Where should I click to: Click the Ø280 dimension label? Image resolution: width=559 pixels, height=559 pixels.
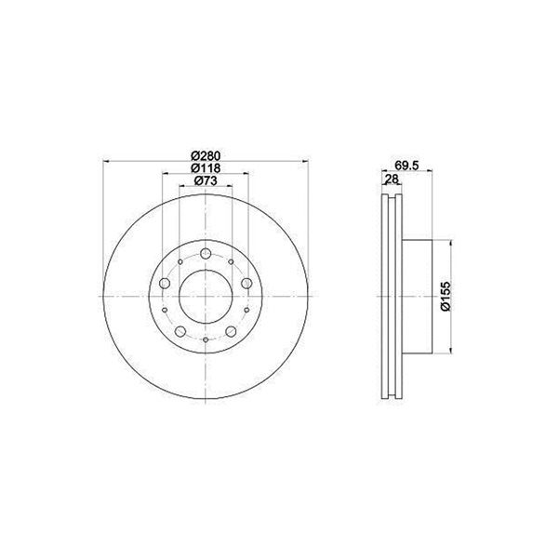[x=206, y=156]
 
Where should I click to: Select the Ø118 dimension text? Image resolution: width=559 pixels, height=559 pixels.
[x=206, y=168]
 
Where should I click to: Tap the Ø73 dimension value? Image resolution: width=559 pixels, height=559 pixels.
[x=206, y=180]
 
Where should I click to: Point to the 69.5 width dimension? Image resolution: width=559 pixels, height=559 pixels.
[x=406, y=166]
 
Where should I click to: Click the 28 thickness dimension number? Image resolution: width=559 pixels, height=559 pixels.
[x=392, y=180]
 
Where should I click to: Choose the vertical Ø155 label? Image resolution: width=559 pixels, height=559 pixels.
[x=446, y=297]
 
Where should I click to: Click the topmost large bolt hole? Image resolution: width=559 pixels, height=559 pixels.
[x=206, y=254]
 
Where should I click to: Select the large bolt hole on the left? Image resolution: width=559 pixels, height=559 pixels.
[x=165, y=284]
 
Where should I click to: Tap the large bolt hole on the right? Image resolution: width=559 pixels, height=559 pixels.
[x=246, y=284]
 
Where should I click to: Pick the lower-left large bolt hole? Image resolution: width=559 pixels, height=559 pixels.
[x=180, y=331]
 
